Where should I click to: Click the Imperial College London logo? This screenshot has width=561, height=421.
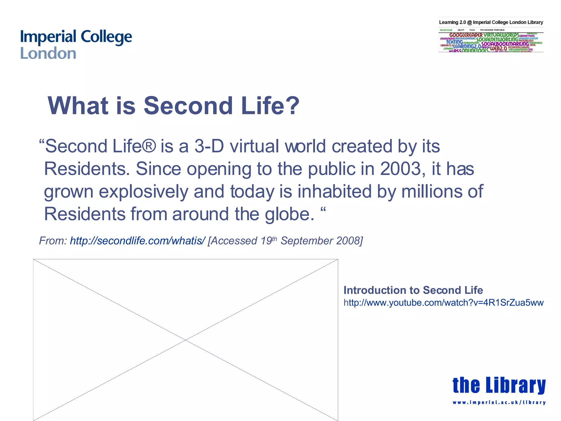click(x=76, y=45)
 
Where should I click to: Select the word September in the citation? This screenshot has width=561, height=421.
click(x=306, y=241)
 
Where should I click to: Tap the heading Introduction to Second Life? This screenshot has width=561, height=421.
click(x=413, y=290)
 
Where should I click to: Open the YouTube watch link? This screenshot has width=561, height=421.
click(x=443, y=303)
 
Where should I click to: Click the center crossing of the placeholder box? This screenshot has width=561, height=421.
click(x=185, y=340)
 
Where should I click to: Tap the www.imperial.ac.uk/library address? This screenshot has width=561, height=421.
click(x=499, y=402)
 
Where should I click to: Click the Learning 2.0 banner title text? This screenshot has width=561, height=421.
click(x=491, y=22)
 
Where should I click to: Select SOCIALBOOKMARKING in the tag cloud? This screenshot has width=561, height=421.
click(x=505, y=44)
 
